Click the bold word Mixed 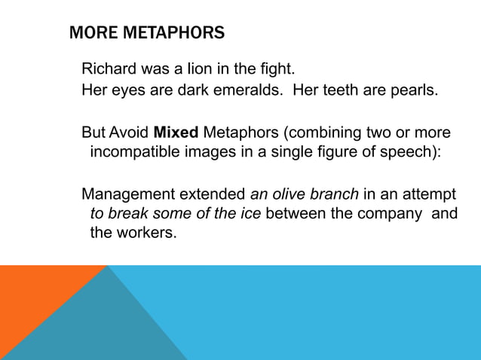coord(176,133)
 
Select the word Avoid coord(129,133)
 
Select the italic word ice coord(249,213)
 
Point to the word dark coord(195,91)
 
